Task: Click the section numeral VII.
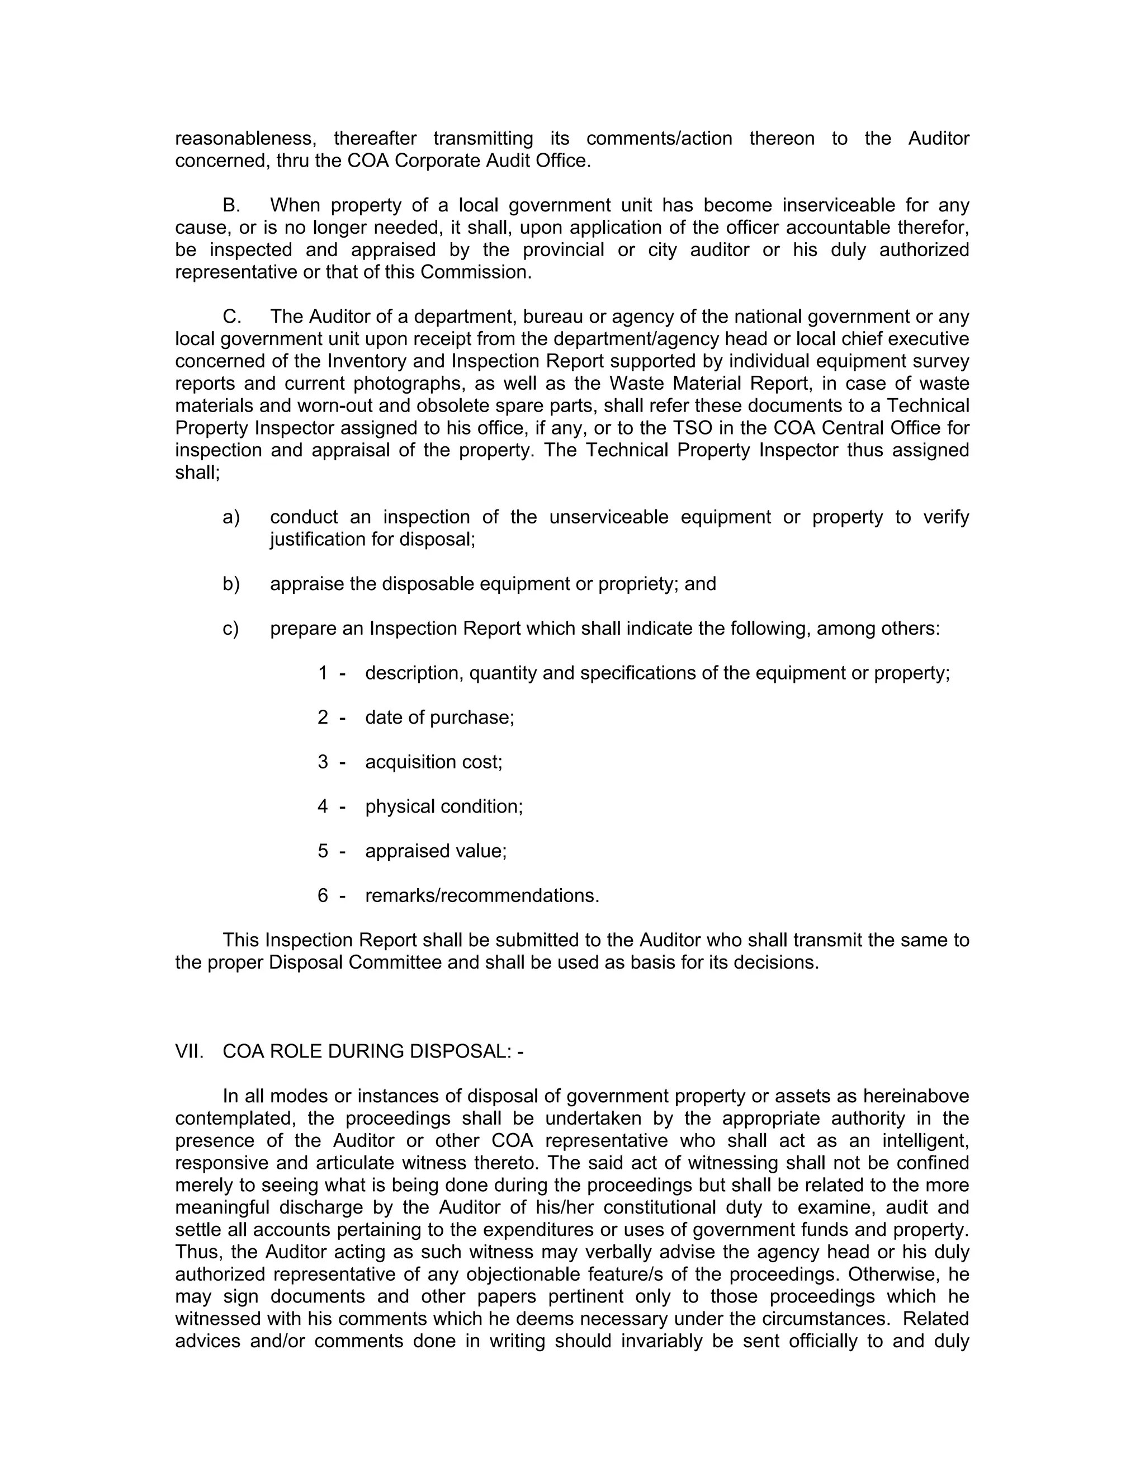point(190,1051)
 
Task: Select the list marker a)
point(231,517)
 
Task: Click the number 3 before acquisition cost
point(323,762)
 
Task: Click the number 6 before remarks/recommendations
point(323,896)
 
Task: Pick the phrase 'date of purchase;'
point(439,718)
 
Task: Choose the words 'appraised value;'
point(436,851)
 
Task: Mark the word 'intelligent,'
point(925,1141)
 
